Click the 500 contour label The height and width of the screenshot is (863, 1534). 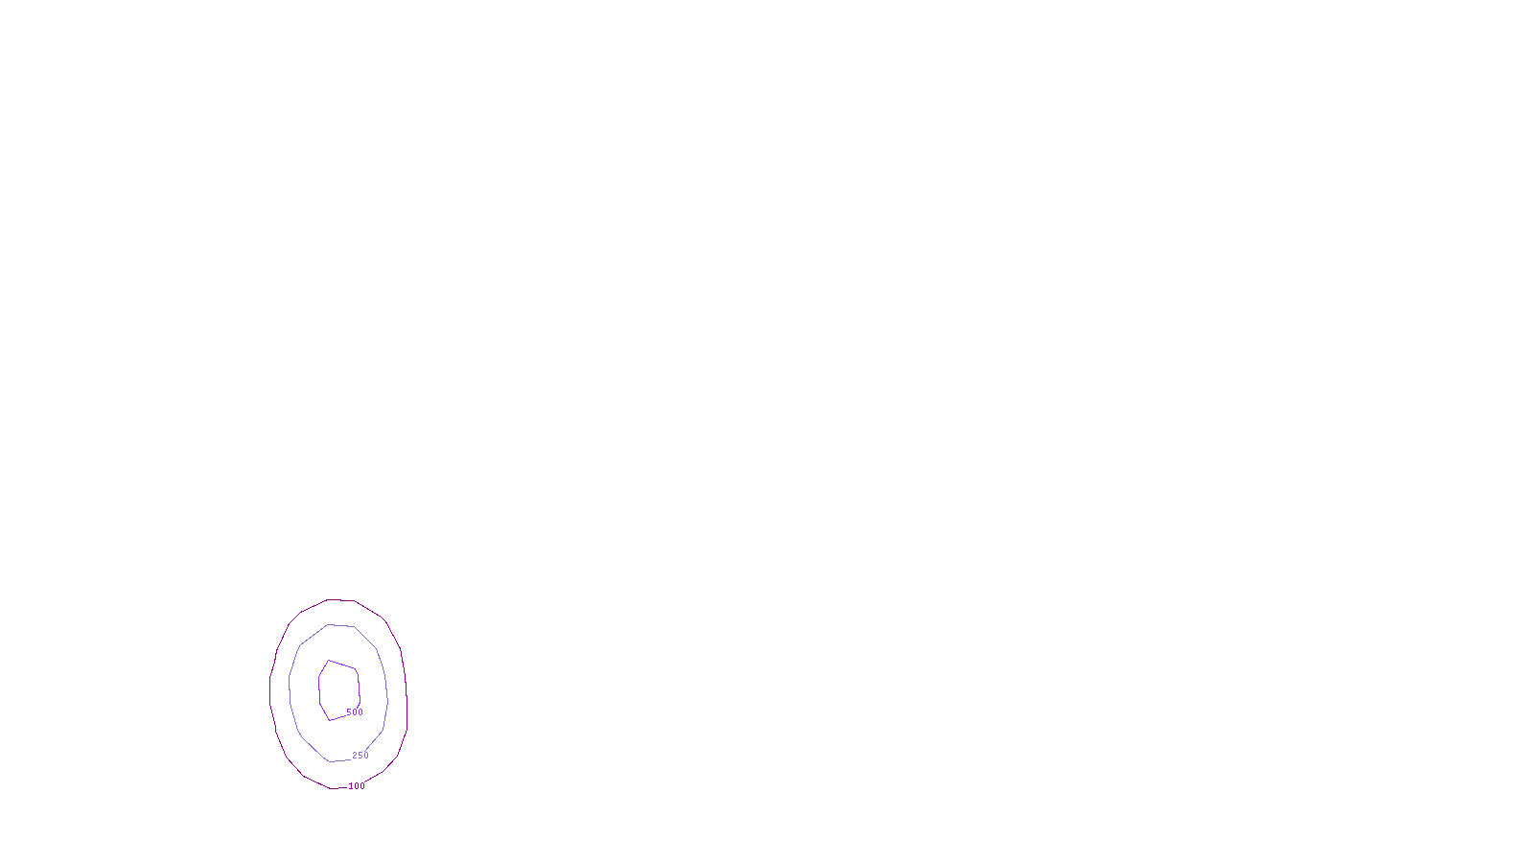[x=355, y=712]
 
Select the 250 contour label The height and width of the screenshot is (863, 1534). [x=360, y=756]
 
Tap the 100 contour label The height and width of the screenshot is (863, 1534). [x=357, y=786]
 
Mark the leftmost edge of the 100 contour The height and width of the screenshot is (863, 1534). [x=270, y=686]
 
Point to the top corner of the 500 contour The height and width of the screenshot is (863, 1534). [x=329, y=661]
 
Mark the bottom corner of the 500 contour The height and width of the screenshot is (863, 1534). [x=330, y=720]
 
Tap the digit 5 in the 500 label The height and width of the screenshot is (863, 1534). [x=349, y=712]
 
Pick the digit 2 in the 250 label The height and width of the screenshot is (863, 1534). [x=355, y=756]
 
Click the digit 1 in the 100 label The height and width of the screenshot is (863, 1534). [x=351, y=786]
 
